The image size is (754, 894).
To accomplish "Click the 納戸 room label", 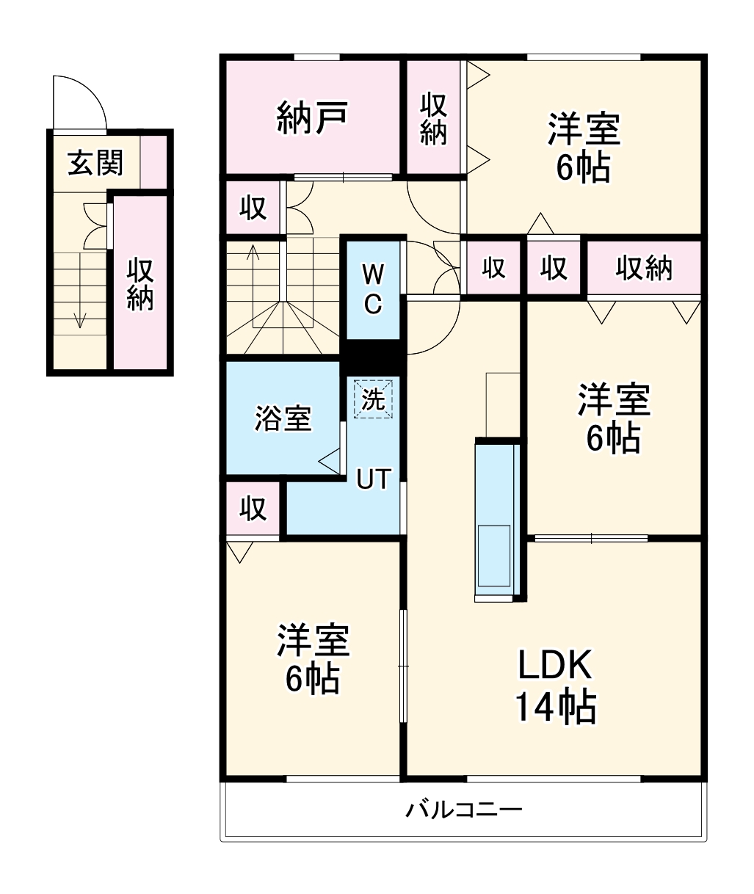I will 312,117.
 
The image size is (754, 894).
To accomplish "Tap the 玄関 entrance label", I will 95,164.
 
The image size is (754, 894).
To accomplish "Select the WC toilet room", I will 373,289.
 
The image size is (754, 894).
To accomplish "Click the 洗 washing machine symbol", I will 374,399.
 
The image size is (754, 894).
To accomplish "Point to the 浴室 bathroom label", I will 283,418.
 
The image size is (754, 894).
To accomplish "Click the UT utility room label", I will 373,479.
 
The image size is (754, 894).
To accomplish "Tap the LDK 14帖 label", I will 554,686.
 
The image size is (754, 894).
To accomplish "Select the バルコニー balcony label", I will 464,810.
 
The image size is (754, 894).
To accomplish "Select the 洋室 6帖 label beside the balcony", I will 312,659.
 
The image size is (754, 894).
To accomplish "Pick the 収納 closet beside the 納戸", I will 433,119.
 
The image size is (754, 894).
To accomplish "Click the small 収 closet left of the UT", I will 253,509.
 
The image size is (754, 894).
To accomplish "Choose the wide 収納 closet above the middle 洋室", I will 644,269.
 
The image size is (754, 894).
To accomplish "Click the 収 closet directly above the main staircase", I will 253,208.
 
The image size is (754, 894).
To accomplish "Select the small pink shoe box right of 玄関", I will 153,161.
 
